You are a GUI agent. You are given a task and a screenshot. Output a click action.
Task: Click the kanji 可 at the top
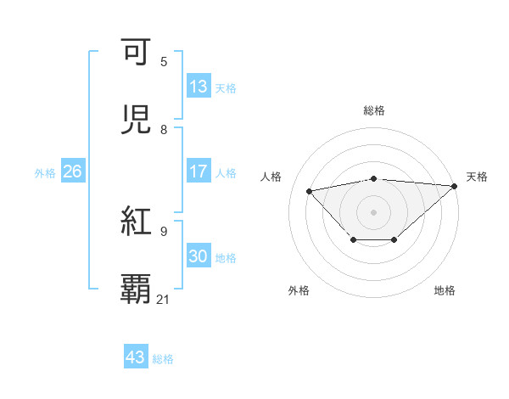137,53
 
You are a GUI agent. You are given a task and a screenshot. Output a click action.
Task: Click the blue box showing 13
199,87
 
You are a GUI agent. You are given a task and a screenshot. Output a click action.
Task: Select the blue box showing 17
199,171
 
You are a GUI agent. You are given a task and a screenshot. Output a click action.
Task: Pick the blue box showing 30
199,256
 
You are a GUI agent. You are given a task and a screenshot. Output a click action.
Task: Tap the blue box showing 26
72,171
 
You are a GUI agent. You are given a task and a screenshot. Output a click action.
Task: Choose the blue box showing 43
136,357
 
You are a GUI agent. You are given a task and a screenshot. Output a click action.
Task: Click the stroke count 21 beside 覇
164,299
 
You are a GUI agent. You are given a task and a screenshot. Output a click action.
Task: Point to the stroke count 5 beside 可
164,62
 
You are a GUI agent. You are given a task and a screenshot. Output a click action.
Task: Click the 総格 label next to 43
163,358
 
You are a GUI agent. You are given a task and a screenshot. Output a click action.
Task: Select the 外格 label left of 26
45,172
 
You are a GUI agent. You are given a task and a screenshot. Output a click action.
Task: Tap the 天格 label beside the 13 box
226,87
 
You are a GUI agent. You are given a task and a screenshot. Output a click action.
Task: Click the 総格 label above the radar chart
373,110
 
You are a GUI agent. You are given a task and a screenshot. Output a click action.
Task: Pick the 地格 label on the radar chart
445,290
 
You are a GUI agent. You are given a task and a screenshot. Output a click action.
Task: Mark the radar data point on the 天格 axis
456,186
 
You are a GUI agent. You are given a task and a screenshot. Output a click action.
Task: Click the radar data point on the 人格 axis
309,190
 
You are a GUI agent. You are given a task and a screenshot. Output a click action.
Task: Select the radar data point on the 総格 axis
373,178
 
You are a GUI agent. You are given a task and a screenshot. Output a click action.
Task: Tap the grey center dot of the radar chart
373,211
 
